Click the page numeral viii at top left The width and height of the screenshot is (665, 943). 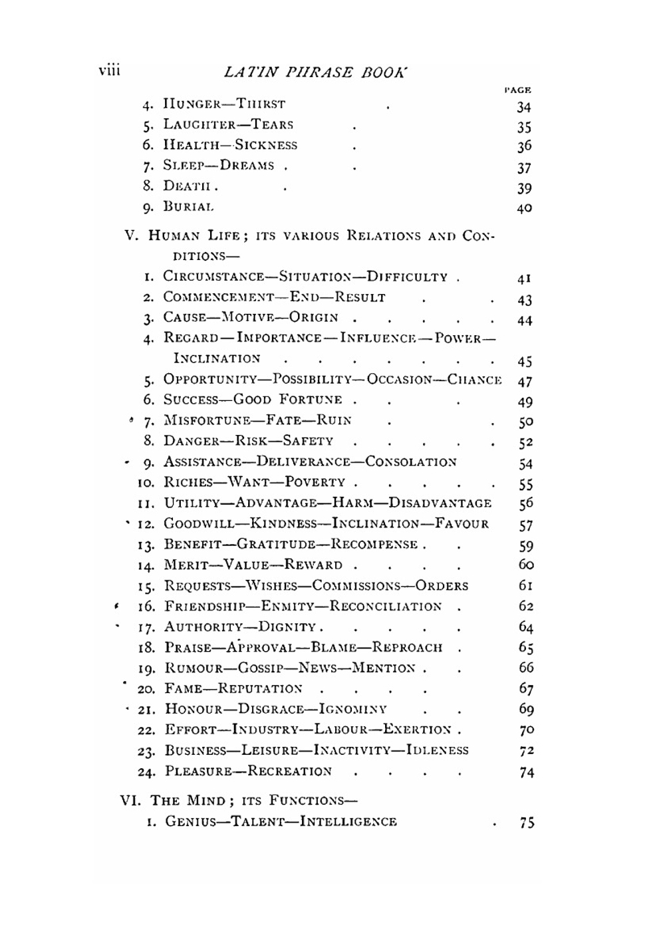[109, 70]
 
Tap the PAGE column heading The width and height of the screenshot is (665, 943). [518, 89]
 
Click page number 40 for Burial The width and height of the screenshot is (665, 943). [524, 208]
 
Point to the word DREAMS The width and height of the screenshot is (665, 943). [247, 166]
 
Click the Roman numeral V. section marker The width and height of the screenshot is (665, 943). [133, 236]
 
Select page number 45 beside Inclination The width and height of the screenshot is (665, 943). [525, 361]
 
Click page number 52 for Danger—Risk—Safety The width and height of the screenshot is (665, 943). [525, 442]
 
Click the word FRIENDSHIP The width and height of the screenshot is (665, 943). [205, 606]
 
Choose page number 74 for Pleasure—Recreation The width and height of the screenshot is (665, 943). [526, 772]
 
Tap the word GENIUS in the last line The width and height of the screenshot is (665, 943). [191, 822]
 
